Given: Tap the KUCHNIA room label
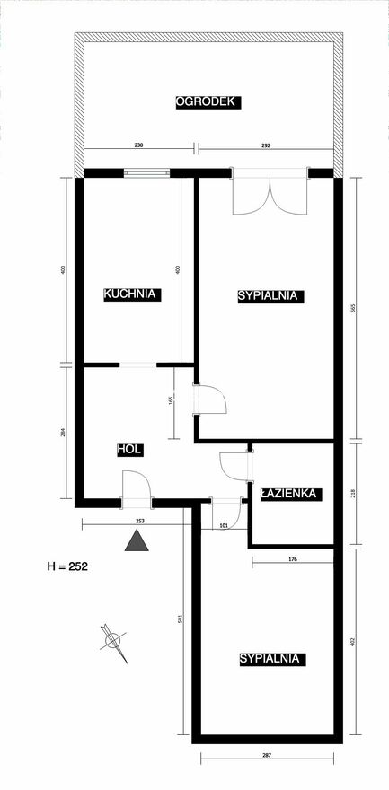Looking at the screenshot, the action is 132,294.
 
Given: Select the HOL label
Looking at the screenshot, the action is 130,450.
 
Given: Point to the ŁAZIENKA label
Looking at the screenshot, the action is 288,494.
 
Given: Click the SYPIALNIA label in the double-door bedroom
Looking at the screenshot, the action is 268,295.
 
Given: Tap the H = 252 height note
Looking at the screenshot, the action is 67,566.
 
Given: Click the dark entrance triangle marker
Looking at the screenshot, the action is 137,540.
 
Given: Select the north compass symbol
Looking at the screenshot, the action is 113,641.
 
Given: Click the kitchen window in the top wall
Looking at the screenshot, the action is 147,172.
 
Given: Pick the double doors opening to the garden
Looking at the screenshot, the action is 270,191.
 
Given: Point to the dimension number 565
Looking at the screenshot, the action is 353,307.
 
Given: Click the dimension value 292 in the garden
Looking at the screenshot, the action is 267,145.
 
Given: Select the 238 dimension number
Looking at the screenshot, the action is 138,145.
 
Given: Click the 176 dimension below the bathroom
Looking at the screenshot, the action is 293,557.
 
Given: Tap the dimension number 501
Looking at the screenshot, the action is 179,619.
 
